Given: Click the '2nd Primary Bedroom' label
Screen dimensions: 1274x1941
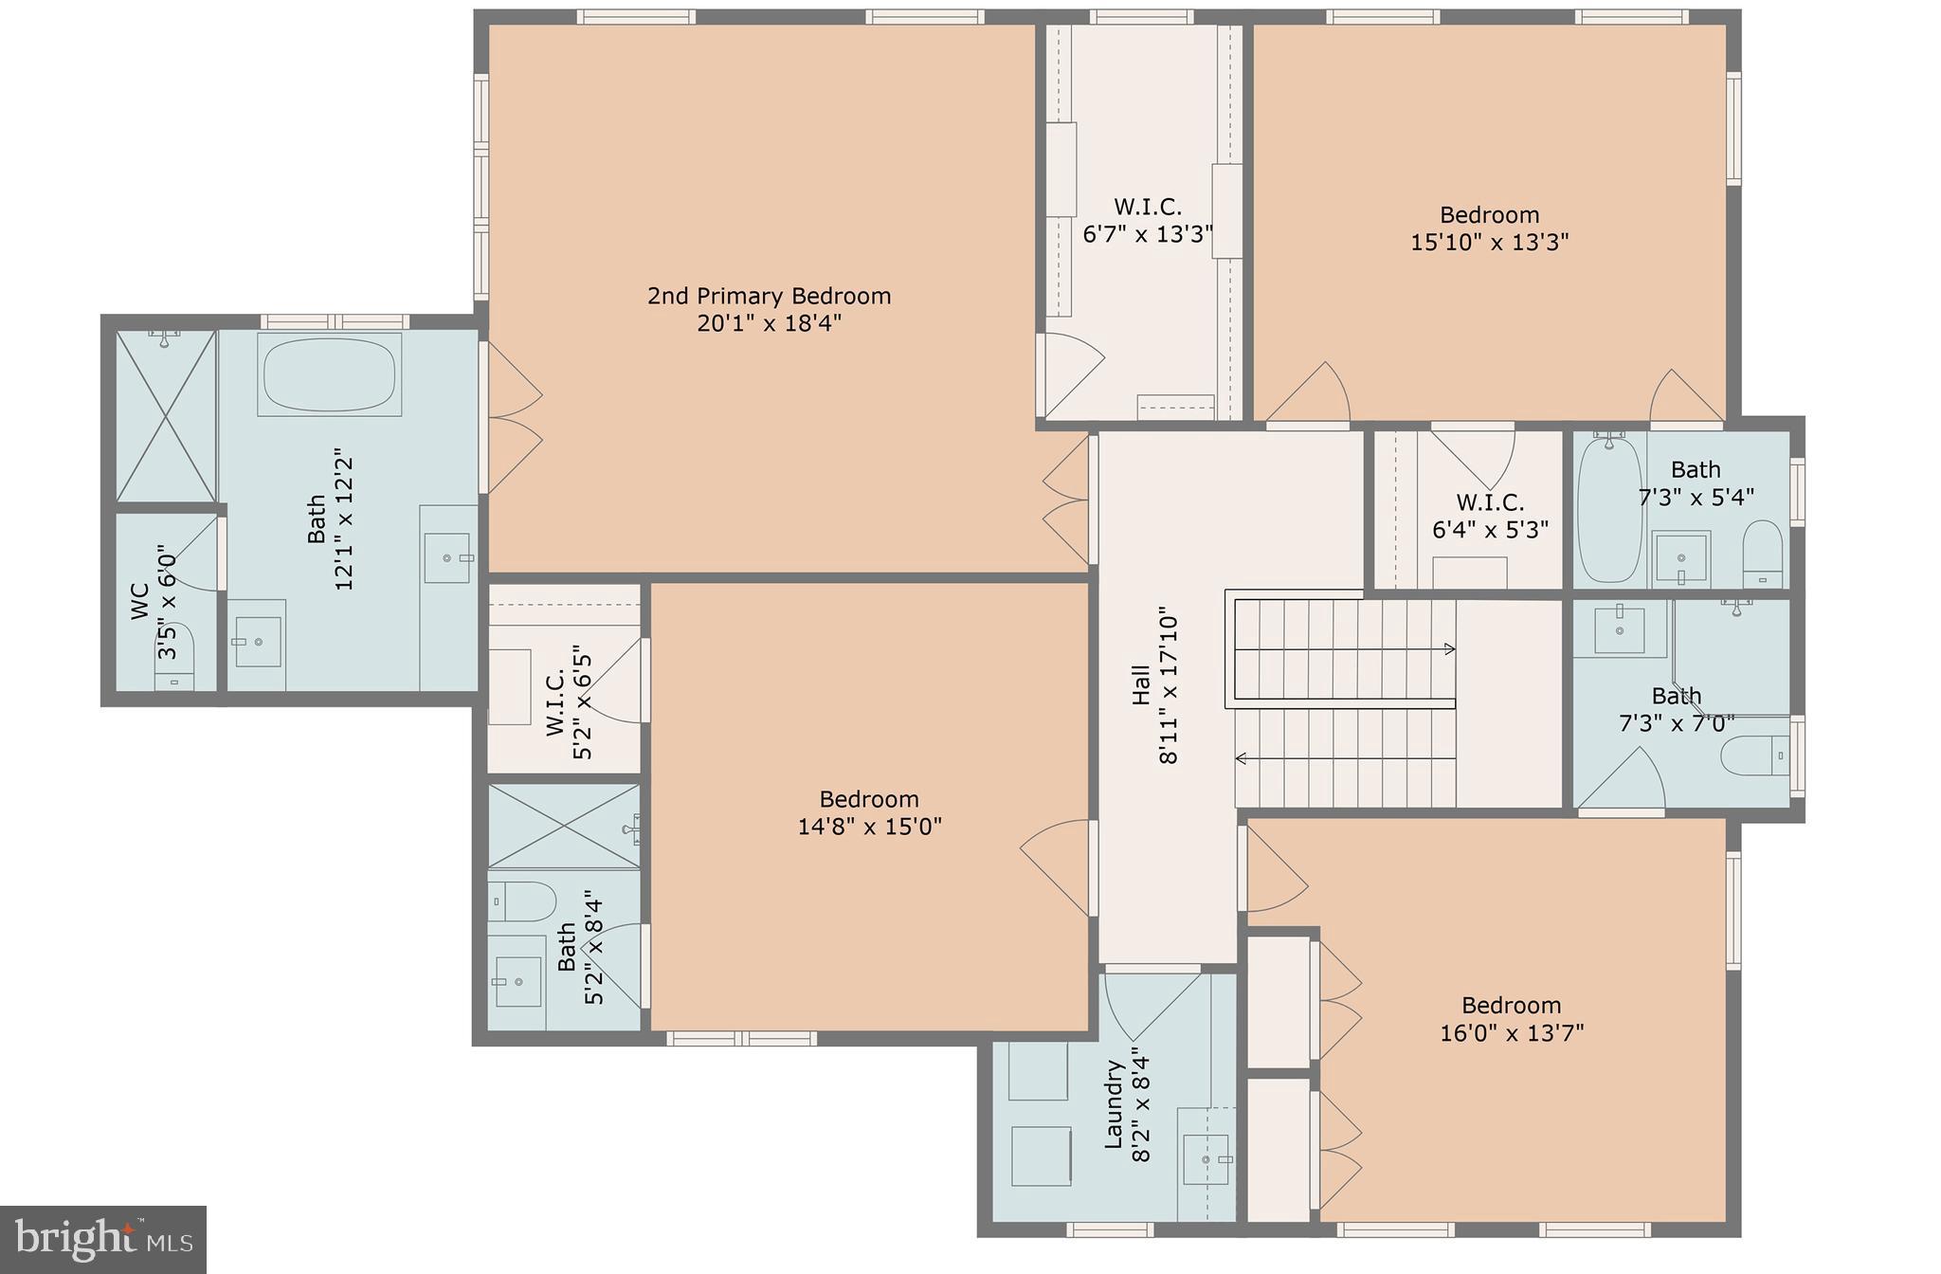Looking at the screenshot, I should [x=769, y=296].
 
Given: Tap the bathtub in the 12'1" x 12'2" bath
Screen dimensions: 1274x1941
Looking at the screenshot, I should [x=329, y=375].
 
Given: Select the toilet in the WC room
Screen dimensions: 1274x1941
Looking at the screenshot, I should [x=174, y=654].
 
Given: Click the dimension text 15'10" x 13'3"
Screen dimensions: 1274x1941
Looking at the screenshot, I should [x=1489, y=242].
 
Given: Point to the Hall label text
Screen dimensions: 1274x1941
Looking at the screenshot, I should [x=1141, y=684].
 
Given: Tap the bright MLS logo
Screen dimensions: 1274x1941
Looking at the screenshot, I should [x=102, y=1239].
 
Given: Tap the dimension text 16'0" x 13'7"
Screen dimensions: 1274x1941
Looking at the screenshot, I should [x=1512, y=1032].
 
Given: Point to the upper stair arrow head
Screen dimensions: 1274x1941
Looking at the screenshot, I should [x=1449, y=649].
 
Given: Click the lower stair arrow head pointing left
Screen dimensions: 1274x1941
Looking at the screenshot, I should [x=1241, y=757].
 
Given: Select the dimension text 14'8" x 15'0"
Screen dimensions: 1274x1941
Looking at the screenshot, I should [x=869, y=826].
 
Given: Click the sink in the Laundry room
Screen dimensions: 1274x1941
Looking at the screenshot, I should [x=1206, y=1159].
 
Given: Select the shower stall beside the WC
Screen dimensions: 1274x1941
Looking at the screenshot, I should [x=166, y=415].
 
